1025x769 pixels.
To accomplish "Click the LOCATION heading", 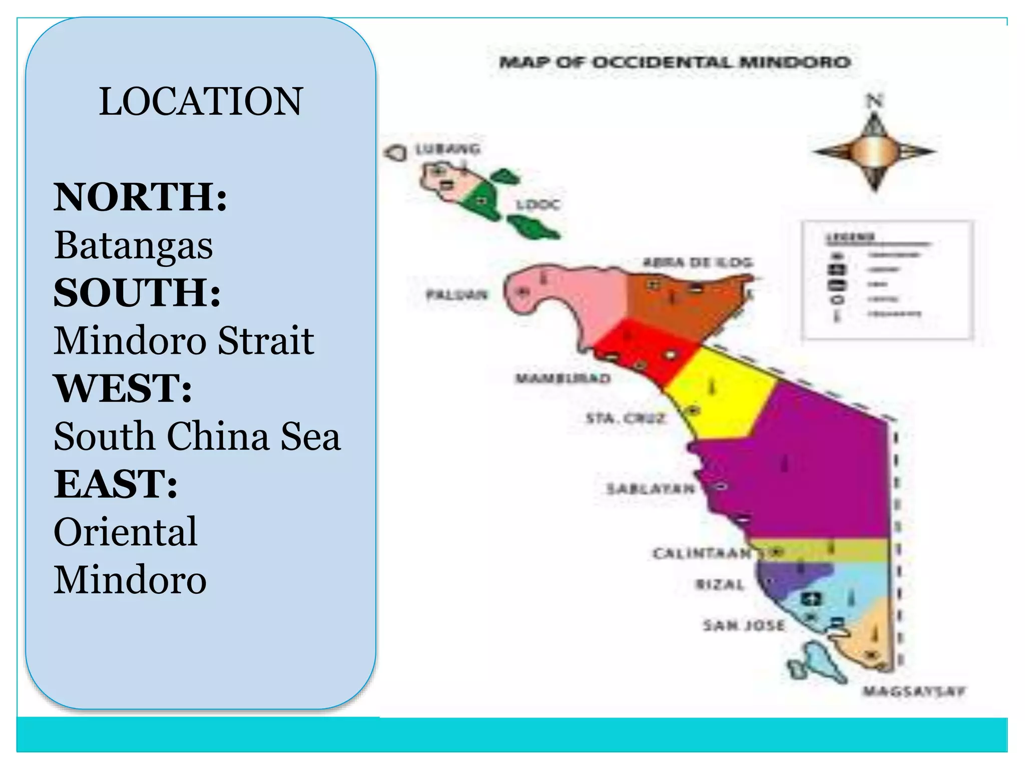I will click(201, 102).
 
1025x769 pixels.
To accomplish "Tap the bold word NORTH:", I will click(141, 197).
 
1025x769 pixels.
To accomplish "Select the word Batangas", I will click(134, 245).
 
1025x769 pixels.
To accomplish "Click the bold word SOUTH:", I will click(137, 292).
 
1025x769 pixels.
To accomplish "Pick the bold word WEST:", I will click(123, 388).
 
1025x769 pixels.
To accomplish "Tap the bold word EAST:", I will click(116, 484).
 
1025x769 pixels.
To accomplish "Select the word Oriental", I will click(126, 532).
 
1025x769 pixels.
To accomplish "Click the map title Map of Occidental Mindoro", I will click(675, 63).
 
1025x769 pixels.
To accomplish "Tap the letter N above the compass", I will click(874, 102).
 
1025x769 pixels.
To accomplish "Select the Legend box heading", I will click(849, 237).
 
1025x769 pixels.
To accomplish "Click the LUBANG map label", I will click(448, 149).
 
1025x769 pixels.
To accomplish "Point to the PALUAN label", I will click(456, 295).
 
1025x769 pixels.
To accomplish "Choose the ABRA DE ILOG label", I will click(697, 262).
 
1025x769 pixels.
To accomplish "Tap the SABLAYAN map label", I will click(650, 488).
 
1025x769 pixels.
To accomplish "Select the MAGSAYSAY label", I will click(913, 692).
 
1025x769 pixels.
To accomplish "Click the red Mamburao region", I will click(646, 350).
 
